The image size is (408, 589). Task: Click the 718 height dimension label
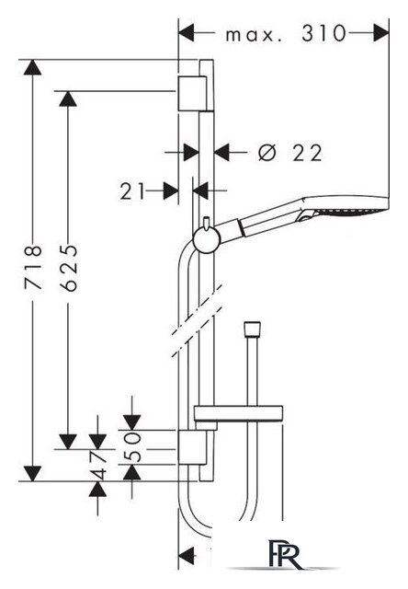pyautogui.click(x=33, y=267)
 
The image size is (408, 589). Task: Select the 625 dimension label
pyautogui.click(x=68, y=268)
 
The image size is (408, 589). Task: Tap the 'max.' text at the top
pyautogui.click(x=251, y=35)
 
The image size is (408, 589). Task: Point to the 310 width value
pyautogui.click(x=323, y=33)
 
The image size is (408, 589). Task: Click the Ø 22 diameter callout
pyautogui.click(x=289, y=153)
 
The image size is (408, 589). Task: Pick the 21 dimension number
pyautogui.click(x=132, y=191)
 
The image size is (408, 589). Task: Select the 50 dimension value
pyautogui.click(x=132, y=446)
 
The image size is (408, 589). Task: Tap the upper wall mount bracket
pyautogui.click(x=192, y=94)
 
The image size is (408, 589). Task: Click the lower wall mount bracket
pyautogui.click(x=192, y=448)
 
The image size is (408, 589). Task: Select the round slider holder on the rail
pyautogui.click(x=206, y=240)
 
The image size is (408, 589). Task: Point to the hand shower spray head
pyautogui.click(x=343, y=206)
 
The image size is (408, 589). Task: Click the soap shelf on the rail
pyautogui.click(x=238, y=413)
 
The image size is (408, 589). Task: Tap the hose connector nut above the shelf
pyautogui.click(x=252, y=329)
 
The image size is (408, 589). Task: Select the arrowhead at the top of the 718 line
pyautogui.click(x=33, y=67)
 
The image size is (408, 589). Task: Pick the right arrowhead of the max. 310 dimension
pyautogui.click(x=381, y=33)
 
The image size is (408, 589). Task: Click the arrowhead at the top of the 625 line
pyautogui.click(x=68, y=98)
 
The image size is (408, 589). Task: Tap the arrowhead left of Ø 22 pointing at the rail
pyautogui.click(x=191, y=153)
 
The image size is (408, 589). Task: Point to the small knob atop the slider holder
pyautogui.click(x=206, y=223)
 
